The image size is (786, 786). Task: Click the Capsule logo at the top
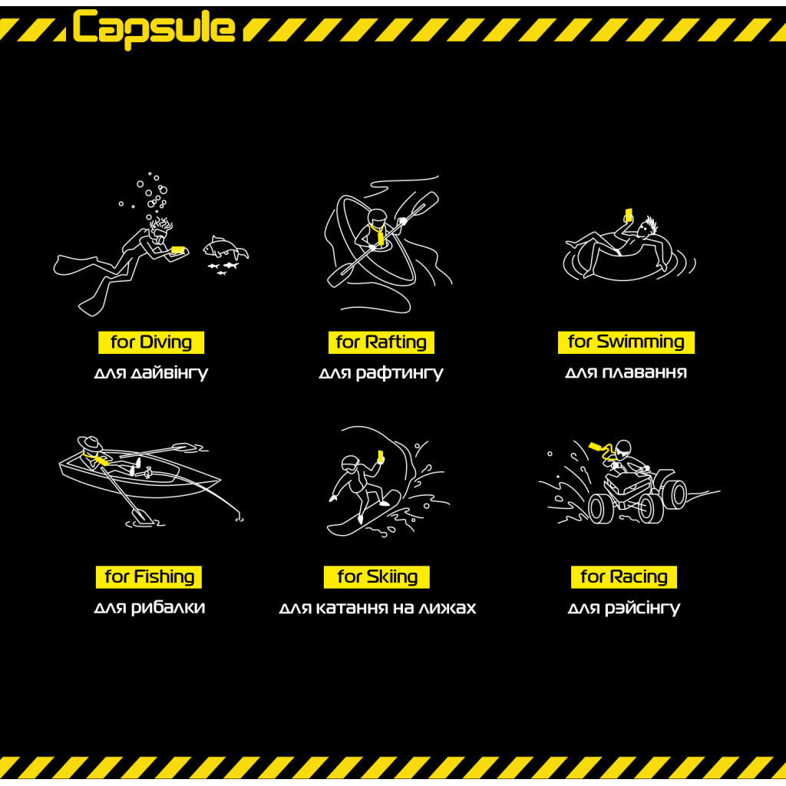click(x=154, y=28)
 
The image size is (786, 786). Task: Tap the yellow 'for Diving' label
click(x=151, y=342)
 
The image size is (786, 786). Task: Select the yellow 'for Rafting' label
click(x=381, y=342)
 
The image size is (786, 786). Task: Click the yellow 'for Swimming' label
click(x=626, y=342)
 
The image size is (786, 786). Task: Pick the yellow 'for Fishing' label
click(x=149, y=577)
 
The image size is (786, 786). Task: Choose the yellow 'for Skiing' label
click(x=377, y=577)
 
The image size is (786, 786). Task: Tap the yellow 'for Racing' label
click(x=623, y=577)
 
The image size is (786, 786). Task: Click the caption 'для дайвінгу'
click(x=151, y=374)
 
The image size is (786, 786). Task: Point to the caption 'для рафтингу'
click(x=381, y=374)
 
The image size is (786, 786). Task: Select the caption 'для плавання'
click(x=626, y=372)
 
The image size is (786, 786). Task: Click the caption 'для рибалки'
click(x=150, y=608)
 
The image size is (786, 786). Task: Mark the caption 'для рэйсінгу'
click(x=623, y=608)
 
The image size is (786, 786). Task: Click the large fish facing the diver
click(x=225, y=249)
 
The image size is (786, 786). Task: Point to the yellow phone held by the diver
click(x=178, y=249)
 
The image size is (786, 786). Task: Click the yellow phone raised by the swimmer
click(x=629, y=215)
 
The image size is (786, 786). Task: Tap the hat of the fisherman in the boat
click(x=89, y=443)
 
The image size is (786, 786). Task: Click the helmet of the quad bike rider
click(x=623, y=449)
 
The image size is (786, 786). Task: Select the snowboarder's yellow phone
click(x=381, y=456)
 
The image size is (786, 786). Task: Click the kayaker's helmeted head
click(x=376, y=217)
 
